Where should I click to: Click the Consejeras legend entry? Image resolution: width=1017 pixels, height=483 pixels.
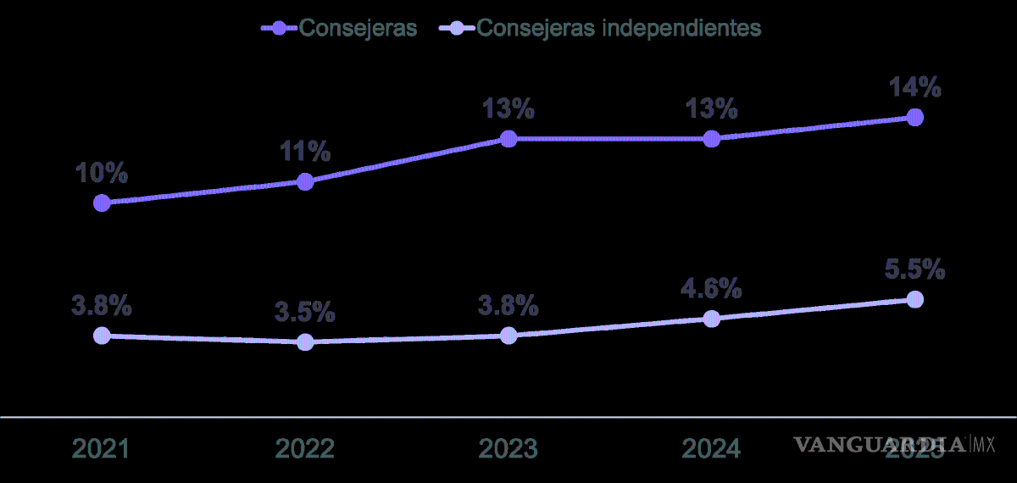click(339, 27)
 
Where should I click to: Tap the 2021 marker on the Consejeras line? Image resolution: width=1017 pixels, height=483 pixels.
click(102, 203)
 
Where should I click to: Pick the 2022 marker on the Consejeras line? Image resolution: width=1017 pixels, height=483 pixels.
click(305, 181)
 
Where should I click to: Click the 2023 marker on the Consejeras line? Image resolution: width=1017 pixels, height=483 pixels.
click(508, 138)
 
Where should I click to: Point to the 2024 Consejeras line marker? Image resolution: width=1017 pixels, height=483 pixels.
click(712, 138)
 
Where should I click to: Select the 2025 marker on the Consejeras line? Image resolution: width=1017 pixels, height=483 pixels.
click(914, 117)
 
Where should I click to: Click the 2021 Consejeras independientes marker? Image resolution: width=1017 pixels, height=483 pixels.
click(102, 336)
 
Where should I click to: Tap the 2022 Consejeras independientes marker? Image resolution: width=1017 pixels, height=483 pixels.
click(305, 341)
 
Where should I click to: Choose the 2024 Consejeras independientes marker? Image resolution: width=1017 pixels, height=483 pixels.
click(712, 319)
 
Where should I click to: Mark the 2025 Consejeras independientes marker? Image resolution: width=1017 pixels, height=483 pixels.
click(914, 299)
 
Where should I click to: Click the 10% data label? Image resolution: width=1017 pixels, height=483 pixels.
click(102, 174)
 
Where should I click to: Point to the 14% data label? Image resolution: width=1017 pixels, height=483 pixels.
click(914, 87)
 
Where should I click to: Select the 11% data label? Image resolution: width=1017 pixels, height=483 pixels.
click(305, 153)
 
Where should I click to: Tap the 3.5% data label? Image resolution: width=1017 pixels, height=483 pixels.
click(305, 312)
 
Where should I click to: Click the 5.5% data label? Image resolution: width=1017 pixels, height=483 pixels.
click(914, 269)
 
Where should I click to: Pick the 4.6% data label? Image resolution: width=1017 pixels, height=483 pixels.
click(712, 289)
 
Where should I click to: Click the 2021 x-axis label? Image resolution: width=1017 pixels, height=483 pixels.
click(102, 448)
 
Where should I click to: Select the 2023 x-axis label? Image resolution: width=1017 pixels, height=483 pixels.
click(508, 448)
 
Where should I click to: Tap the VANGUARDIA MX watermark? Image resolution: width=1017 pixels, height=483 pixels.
click(894, 443)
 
